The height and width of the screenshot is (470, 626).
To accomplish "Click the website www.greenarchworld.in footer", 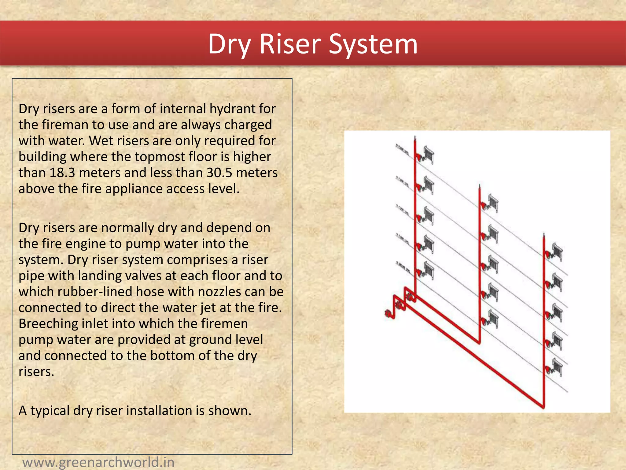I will [98, 462].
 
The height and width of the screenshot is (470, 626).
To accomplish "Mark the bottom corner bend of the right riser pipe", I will [543, 406].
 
